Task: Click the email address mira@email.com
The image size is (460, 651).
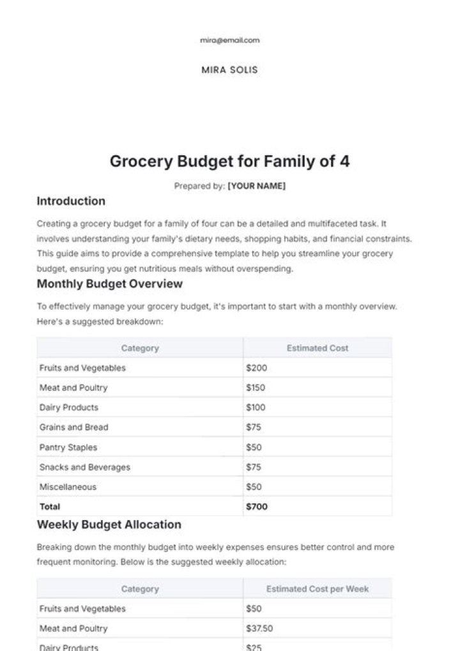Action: [x=229, y=40]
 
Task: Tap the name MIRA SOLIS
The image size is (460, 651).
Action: [x=229, y=70]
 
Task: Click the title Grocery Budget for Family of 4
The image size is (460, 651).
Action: [x=229, y=161]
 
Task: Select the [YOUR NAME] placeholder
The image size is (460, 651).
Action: [x=256, y=186]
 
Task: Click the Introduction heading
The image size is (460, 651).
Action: [x=71, y=201]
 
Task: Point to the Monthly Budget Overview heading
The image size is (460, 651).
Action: [x=109, y=284]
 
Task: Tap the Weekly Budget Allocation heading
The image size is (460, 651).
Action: [x=109, y=525]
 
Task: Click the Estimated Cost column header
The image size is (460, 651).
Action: [x=317, y=348]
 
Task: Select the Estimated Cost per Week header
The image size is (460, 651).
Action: [x=317, y=589]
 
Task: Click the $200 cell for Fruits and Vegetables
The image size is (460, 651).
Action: [x=256, y=368]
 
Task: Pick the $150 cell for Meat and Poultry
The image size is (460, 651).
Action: [x=256, y=388]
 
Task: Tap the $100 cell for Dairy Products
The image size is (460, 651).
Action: [x=256, y=408]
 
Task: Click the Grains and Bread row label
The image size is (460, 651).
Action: [x=73, y=427]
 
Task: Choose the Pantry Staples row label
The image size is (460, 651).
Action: [x=68, y=447]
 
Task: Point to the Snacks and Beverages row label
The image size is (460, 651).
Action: [x=84, y=467]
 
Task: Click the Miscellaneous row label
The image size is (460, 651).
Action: [x=68, y=487]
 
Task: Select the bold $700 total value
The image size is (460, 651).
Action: [x=257, y=507]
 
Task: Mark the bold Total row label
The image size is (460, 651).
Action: [x=50, y=507]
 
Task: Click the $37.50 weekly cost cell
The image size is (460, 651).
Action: [x=259, y=629]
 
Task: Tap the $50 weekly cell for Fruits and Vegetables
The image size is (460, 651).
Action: [x=254, y=609]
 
